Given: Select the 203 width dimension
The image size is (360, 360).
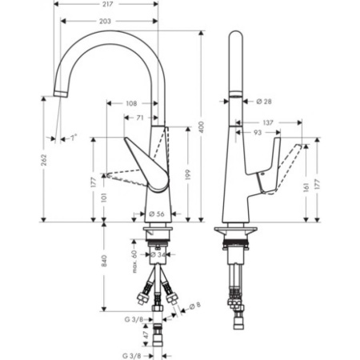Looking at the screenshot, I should [106, 22].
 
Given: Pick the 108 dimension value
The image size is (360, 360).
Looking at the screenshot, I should [133, 103].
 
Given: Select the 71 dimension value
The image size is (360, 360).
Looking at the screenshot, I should [141, 117].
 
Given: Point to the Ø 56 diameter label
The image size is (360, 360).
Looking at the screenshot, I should [156, 214].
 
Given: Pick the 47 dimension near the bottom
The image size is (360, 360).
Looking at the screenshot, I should [134, 337].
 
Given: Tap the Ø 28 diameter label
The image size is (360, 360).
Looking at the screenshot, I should [265, 101].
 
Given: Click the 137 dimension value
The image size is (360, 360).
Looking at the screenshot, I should [267, 122].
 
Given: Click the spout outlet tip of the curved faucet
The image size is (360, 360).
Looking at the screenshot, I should [59, 95].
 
